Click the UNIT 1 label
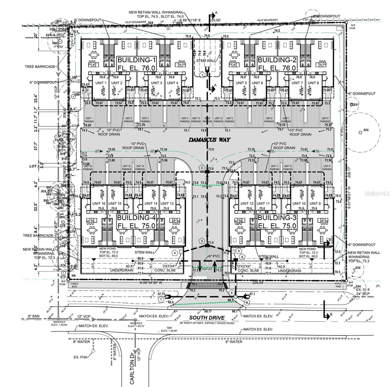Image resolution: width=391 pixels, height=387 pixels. point(101,83)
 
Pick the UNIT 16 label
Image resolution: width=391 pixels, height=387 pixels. point(98,203)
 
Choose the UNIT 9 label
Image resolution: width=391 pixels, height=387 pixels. point(315,203)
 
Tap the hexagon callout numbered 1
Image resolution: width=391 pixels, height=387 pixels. point(202,75)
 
